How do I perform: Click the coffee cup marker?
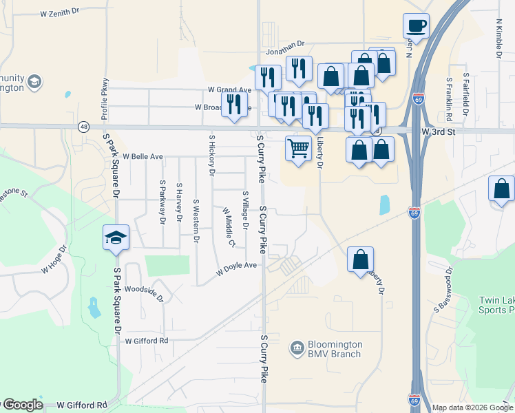tap(416, 26)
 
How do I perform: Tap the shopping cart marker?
tap(298, 149)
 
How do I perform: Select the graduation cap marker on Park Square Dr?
tap(116, 238)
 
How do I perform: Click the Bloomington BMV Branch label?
tap(326, 349)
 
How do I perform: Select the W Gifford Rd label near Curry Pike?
tap(147, 341)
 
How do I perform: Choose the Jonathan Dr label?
tap(285, 47)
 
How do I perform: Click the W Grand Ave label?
tap(230, 89)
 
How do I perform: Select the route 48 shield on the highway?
tap(83, 127)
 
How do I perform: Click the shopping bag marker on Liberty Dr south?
tap(360, 260)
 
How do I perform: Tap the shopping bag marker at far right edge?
tap(501, 189)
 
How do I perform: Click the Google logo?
tap(23, 405)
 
